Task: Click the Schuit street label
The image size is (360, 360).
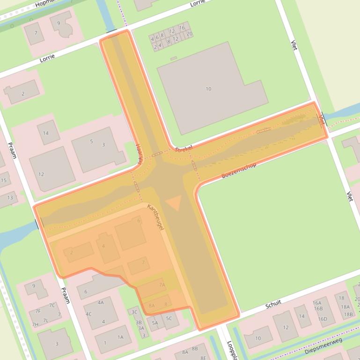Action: coord(273,304)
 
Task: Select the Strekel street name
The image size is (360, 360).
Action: coord(184,149)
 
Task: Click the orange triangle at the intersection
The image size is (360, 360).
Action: coord(174,203)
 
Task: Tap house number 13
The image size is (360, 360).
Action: coord(10,198)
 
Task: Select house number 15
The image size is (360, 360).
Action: coord(4,180)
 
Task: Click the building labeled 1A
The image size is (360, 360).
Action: coord(120,337)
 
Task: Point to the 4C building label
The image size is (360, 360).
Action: coord(88,314)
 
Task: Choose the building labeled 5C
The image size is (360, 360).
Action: coord(169,318)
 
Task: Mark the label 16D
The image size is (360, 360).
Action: coord(323,319)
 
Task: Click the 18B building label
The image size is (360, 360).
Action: coord(348,314)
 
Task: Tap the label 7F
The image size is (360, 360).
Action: coord(38,311)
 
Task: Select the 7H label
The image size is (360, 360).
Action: coord(35,324)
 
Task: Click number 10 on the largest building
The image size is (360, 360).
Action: coord(208,89)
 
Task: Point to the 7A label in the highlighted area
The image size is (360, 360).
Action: coord(162,285)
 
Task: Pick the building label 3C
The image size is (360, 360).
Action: coord(134,312)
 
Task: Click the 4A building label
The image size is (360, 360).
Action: coord(100,302)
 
